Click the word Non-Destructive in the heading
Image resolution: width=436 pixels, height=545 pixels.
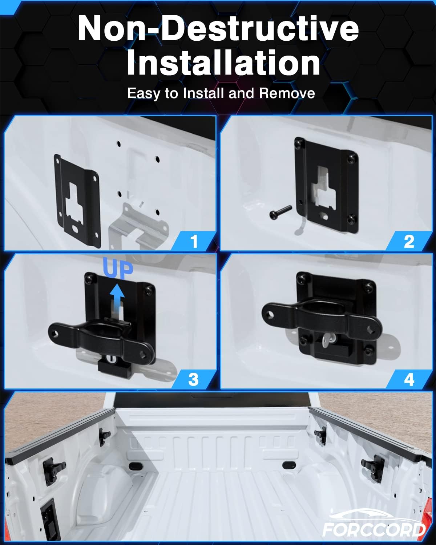tap(218, 28)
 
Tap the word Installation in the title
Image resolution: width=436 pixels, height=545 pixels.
tap(223, 62)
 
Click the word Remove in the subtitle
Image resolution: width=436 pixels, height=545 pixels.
tap(287, 93)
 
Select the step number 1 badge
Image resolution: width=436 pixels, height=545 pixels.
tap(194, 241)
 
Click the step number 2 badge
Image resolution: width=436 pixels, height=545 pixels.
tap(409, 241)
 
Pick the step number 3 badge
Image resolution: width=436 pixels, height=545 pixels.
tap(194, 379)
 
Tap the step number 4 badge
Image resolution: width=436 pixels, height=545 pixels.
tap(409, 379)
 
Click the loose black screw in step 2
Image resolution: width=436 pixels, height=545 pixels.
tap(280, 212)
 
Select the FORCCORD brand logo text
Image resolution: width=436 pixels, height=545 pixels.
tap(374, 530)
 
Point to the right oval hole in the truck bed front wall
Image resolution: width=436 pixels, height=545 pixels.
tap(288, 465)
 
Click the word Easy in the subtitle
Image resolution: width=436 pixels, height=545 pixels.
tap(144, 94)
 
